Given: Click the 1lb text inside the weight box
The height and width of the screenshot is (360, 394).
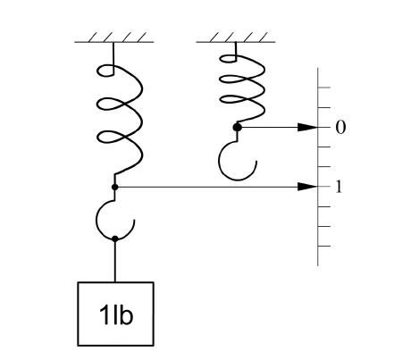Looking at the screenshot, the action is click(116, 314).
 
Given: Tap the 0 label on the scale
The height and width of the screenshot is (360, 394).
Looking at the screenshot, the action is click(340, 128).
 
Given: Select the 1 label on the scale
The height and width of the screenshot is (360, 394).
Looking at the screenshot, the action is click(339, 187).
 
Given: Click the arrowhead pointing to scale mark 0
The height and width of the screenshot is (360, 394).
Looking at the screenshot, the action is click(308, 127).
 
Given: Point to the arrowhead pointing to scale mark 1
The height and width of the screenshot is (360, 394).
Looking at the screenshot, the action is click(308, 187).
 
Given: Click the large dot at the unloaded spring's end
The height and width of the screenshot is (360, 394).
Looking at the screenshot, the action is click(237, 127).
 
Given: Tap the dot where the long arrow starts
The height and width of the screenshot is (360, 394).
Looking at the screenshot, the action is click(115, 187).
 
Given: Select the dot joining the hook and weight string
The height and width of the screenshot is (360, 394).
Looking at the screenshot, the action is click(115, 239).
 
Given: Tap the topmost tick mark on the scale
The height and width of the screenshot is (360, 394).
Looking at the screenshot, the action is click(324, 88).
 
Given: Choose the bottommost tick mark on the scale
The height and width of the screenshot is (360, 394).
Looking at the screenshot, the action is click(324, 247).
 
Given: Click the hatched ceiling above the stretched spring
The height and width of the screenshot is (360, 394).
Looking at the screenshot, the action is click(114, 38).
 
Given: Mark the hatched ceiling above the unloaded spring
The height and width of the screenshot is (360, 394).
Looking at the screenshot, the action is click(236, 38).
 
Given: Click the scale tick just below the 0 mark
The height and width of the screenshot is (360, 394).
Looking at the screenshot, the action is click(324, 147).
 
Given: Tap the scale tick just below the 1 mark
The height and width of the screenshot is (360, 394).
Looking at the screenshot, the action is click(324, 206).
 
